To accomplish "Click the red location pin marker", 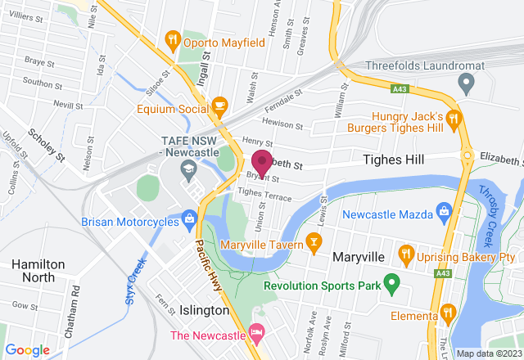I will pyautogui.click(x=262, y=160).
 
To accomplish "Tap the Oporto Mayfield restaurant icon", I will pyautogui.click(x=172, y=38).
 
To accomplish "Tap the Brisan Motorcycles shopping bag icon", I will pyautogui.click(x=189, y=217).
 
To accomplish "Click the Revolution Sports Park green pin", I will pyautogui.click(x=391, y=286).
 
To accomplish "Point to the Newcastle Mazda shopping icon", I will pyautogui.click(x=444, y=209).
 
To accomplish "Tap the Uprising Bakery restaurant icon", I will pyautogui.click(x=404, y=255).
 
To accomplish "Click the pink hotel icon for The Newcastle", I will pyautogui.click(x=255, y=332).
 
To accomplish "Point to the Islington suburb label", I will pyautogui.click(x=204, y=310).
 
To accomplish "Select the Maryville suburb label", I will pyautogui.click(x=359, y=257).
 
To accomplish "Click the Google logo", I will pyautogui.click(x=28, y=349).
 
